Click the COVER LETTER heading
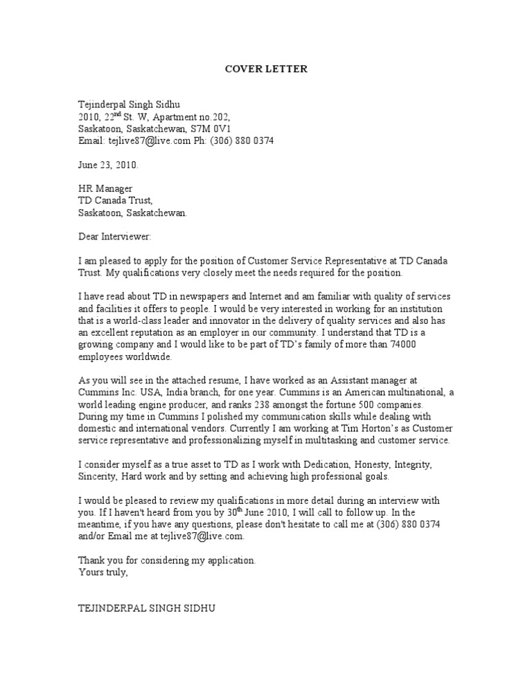pyautogui.click(x=266, y=69)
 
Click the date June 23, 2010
pyautogui.click(x=108, y=165)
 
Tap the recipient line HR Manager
pyautogui.click(x=105, y=189)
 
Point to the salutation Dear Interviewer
pyautogui.click(x=115, y=237)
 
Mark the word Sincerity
pyautogui.click(x=98, y=476)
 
